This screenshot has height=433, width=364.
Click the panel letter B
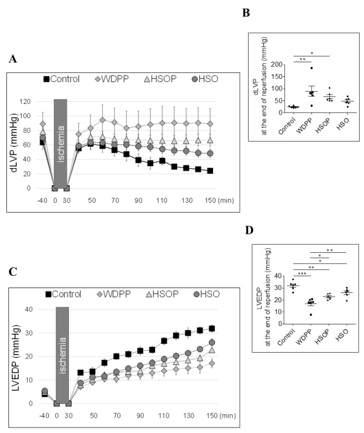tap(247, 13)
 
